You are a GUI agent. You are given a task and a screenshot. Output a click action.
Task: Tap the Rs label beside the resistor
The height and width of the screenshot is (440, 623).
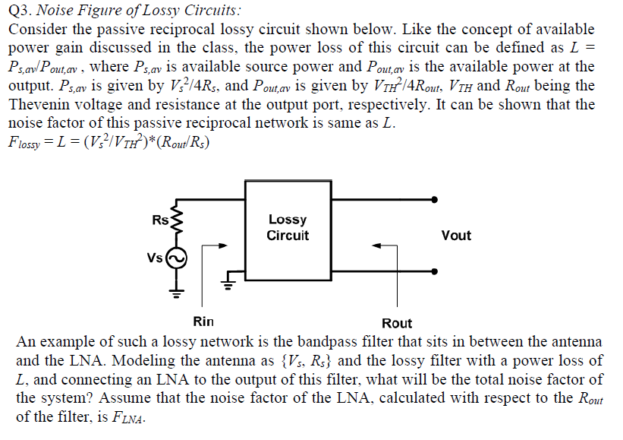pyautogui.click(x=160, y=220)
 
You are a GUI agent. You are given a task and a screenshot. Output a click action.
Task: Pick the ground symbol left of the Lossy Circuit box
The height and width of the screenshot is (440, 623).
pyautogui.click(x=225, y=286)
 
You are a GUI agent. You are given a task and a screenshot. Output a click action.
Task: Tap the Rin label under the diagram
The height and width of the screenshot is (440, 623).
pyautogui.click(x=203, y=321)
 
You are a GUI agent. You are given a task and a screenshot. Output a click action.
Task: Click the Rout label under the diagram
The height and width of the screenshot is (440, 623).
pyautogui.click(x=397, y=323)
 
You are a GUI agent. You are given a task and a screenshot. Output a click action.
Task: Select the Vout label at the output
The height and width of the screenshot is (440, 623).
pyautogui.click(x=455, y=236)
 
